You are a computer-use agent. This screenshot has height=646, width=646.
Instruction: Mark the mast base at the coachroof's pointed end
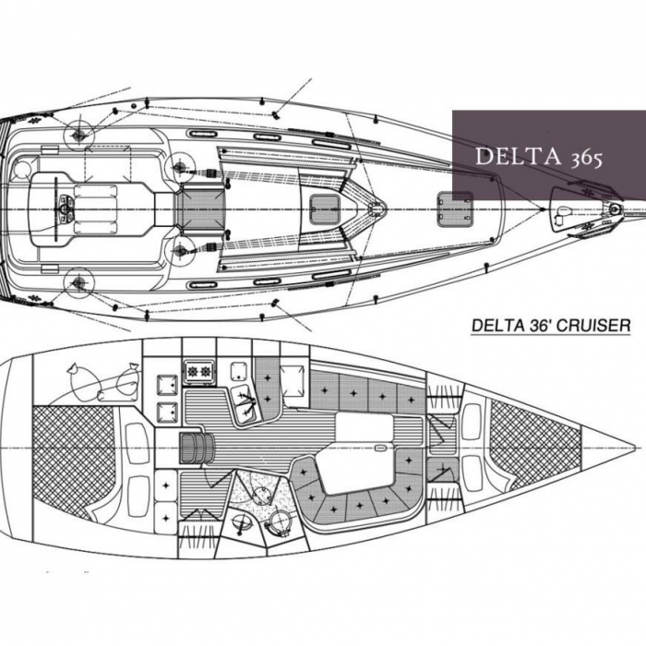point(374,209)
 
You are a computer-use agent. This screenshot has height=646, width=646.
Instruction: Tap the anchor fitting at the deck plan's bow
point(615,209)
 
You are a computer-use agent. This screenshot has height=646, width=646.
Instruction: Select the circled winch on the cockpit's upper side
point(78,136)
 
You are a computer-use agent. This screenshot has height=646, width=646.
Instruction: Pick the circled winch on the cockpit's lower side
point(78,281)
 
